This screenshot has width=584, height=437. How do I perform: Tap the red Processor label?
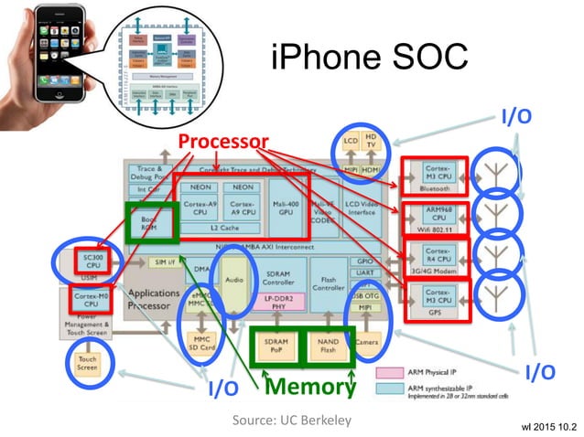click(223, 141)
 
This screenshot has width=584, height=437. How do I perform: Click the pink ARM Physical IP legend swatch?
click(388, 372)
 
